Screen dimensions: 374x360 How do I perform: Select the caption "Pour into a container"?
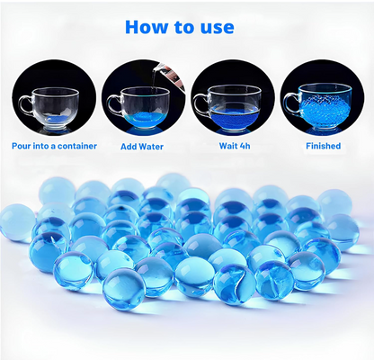click(54, 146)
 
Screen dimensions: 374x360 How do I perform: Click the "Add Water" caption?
click(142, 147)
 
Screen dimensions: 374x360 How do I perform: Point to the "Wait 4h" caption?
click(235, 146)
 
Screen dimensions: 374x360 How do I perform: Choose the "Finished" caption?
click(324, 146)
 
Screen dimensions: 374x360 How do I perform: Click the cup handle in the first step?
click(25, 104)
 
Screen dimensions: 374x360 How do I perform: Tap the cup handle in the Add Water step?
click(113, 104)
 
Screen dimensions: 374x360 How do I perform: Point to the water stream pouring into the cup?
click(154, 78)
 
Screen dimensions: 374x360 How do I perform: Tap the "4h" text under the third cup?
click(245, 146)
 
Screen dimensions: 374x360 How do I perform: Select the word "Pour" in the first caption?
click(21, 146)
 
